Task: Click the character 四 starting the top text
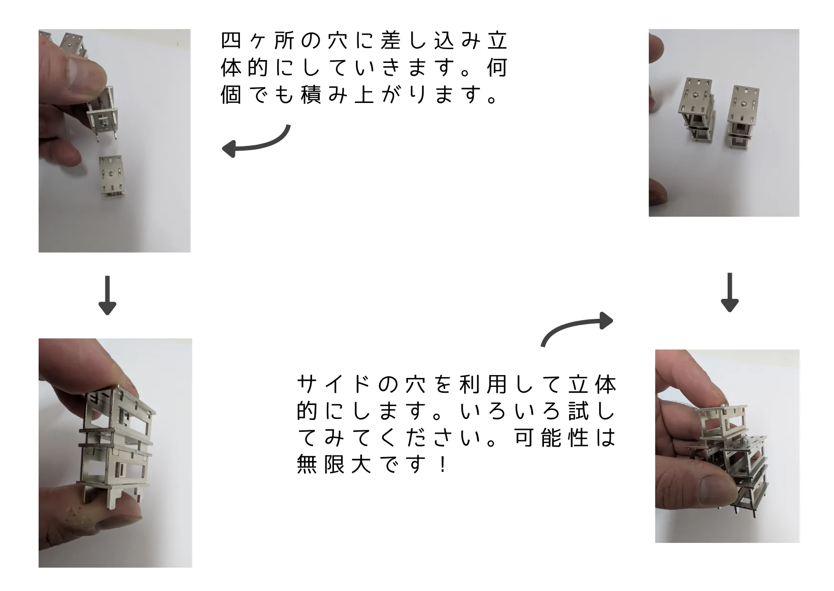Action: point(231,41)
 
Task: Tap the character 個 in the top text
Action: point(231,95)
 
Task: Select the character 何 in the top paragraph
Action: point(498,68)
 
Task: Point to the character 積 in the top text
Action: point(311,95)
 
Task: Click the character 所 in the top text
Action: point(284,41)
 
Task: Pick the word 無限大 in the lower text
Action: point(334,464)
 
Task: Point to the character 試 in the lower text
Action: point(579,411)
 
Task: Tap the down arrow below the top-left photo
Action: point(107,295)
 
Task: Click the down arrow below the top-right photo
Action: point(730,292)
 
